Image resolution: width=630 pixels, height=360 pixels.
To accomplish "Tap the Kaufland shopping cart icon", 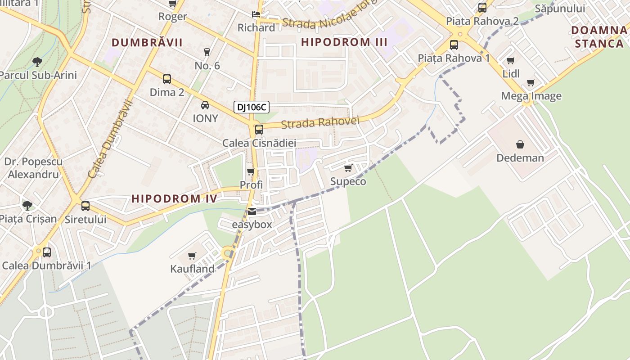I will click(x=192, y=256).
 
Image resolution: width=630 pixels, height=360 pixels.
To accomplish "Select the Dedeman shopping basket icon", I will click(x=520, y=144).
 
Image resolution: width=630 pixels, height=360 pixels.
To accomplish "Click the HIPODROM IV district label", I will click(x=174, y=198).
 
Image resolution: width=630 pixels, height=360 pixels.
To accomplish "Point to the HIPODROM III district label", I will click(x=344, y=42).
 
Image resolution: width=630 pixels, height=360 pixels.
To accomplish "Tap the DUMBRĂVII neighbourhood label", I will click(x=147, y=42).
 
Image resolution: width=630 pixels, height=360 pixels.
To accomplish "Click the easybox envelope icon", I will click(x=252, y=211).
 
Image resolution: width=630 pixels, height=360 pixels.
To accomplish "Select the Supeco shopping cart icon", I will click(x=348, y=168).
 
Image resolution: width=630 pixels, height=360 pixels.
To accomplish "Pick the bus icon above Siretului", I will click(x=85, y=206).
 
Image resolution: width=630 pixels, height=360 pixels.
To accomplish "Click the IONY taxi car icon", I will click(x=205, y=105).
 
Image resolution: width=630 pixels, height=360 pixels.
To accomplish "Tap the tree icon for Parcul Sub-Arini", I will click(x=37, y=62).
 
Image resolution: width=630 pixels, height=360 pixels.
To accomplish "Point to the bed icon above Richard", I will click(x=256, y=14).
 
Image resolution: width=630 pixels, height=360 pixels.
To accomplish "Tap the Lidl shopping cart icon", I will click(x=511, y=60).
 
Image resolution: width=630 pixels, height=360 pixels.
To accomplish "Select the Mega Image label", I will click(x=531, y=96).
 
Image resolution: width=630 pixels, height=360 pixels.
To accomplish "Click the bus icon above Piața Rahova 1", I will click(x=454, y=45).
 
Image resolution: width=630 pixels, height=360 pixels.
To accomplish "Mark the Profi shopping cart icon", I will click(x=251, y=171).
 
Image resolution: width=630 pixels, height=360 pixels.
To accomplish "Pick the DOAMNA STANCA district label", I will click(x=599, y=37).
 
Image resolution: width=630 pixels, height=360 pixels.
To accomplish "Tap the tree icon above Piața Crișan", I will click(x=27, y=206).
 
